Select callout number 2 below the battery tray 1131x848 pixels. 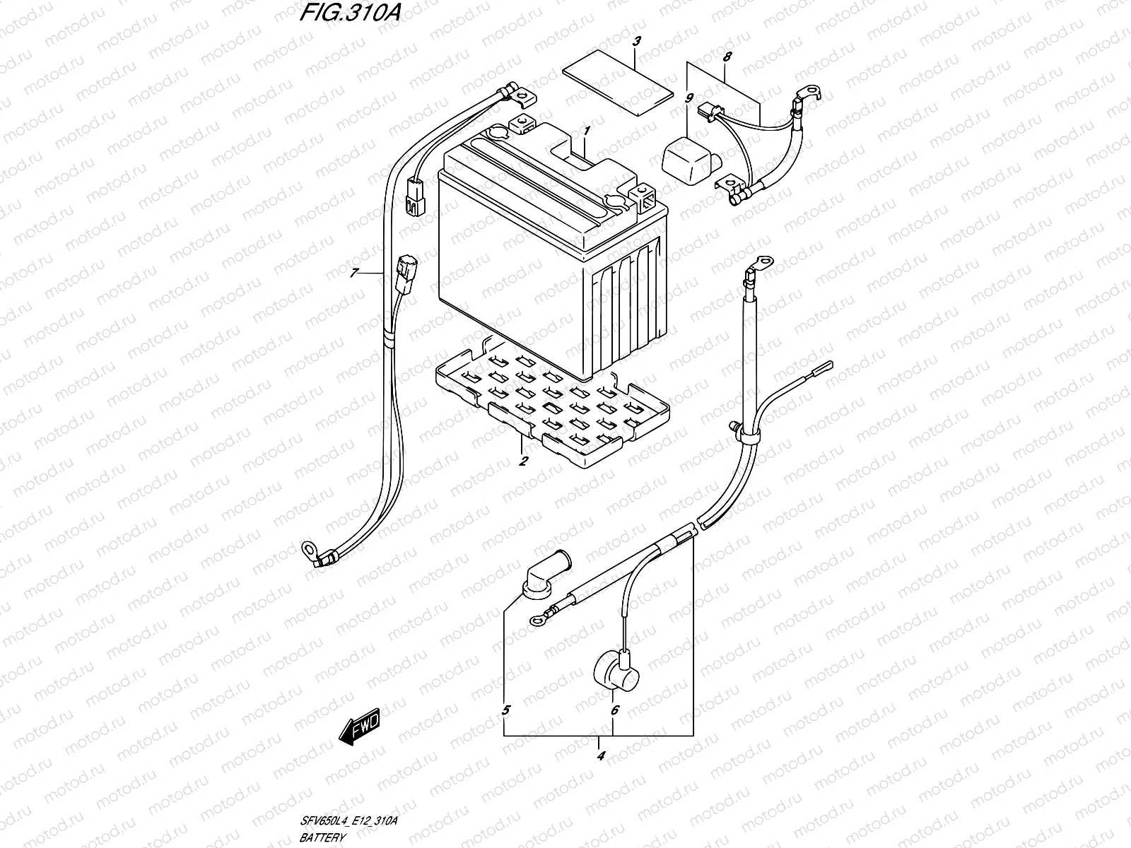pos(523,462)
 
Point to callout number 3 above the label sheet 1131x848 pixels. pos(636,42)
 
